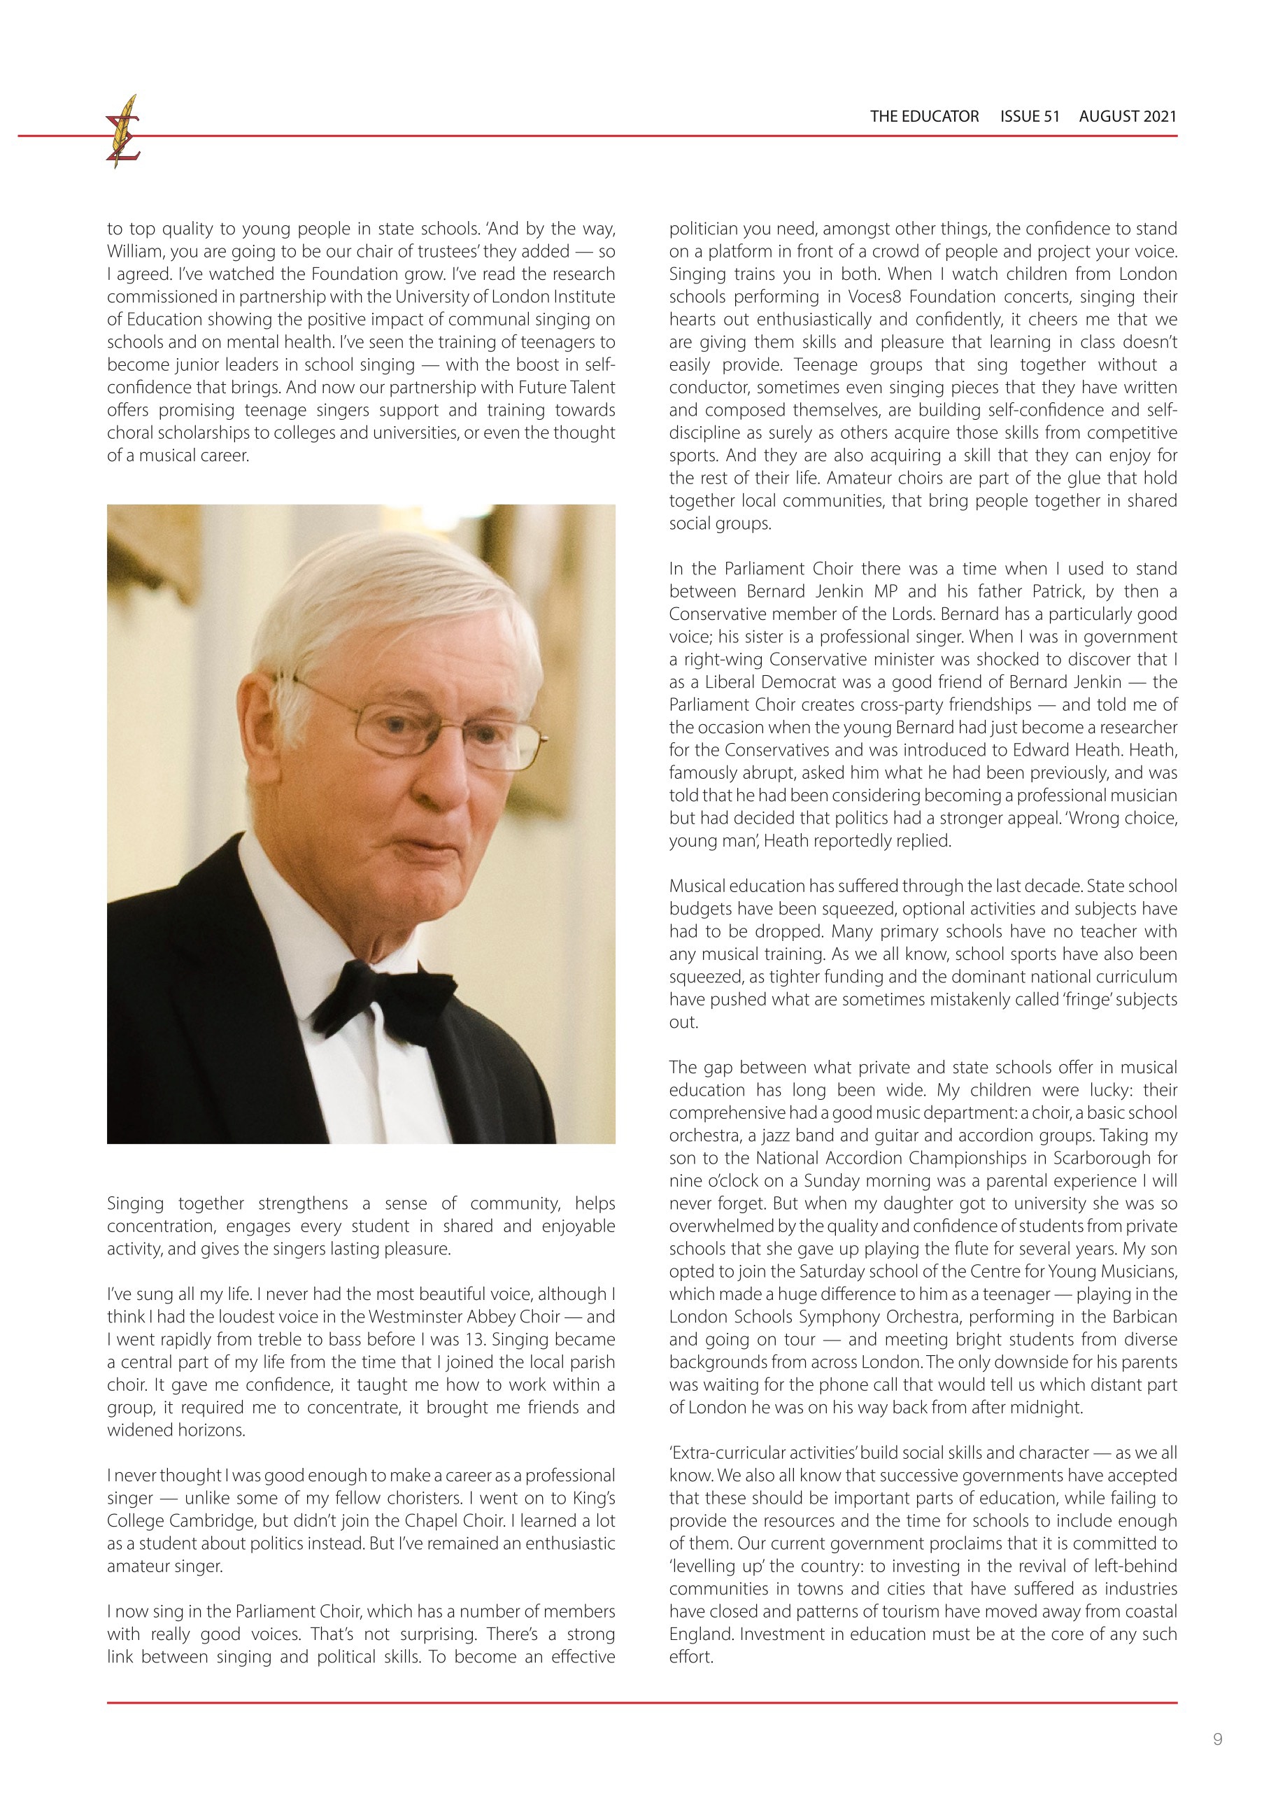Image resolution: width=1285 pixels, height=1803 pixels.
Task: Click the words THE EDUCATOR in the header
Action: pyautogui.click(x=924, y=116)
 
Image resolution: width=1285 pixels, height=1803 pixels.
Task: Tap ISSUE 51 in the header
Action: pyautogui.click(x=1030, y=116)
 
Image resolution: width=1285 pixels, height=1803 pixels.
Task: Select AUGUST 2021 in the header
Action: pyautogui.click(x=1128, y=116)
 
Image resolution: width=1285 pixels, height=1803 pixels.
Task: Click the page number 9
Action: pyautogui.click(x=1217, y=1739)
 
